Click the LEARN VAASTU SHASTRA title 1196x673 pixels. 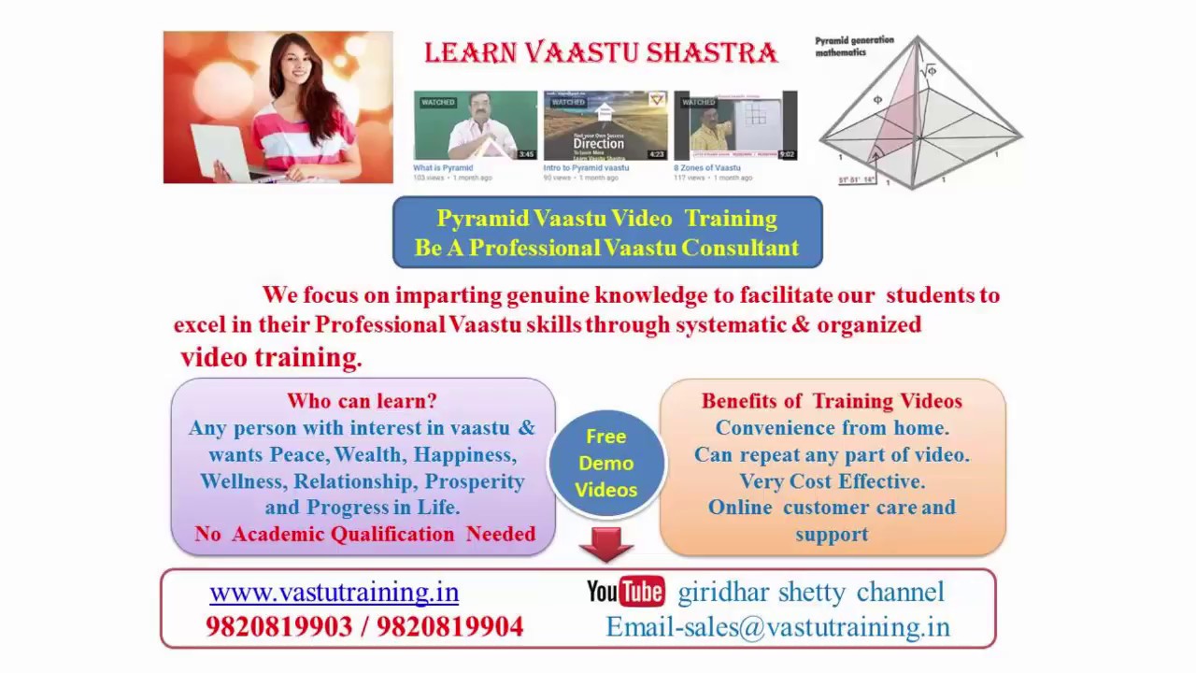point(601,53)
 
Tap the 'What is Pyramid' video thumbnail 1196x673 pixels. point(476,126)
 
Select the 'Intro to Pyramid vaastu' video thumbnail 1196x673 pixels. point(605,126)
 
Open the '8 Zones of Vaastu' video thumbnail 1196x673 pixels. point(735,126)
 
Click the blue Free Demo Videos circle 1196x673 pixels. point(606,463)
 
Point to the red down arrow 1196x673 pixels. point(606,544)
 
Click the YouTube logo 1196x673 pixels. point(625,592)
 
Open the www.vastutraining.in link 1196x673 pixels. point(334,593)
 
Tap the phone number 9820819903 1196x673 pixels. point(278,627)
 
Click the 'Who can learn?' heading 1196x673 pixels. point(362,401)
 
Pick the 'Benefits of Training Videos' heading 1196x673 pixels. point(832,401)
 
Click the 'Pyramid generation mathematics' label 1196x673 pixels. point(854,47)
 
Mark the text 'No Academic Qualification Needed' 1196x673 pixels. point(364,534)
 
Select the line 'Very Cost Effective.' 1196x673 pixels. point(832,481)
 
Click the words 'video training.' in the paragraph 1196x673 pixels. point(270,357)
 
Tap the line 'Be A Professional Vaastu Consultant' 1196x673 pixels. point(607,248)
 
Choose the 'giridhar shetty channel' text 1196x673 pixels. point(810,593)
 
